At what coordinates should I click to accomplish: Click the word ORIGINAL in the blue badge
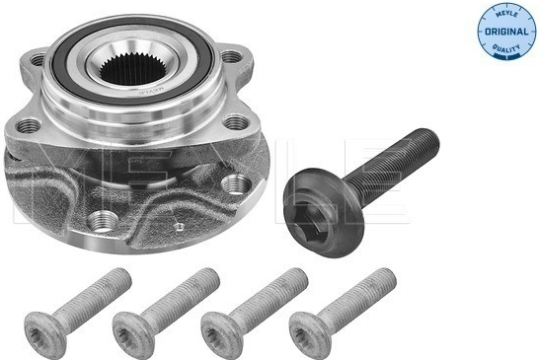[x=506, y=32]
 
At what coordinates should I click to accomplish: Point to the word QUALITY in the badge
[x=506, y=48]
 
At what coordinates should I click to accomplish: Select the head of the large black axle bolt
[x=324, y=212]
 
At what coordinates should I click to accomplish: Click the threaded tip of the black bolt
[x=428, y=140]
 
